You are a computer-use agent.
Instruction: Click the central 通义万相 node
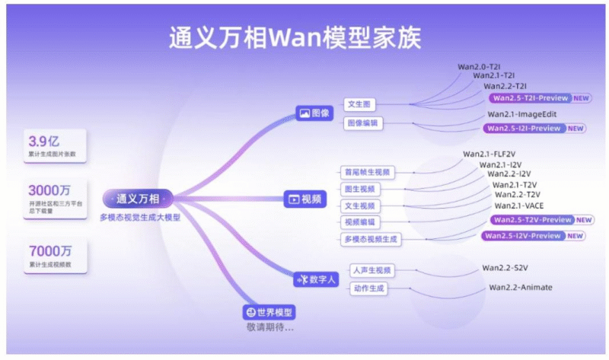[x=138, y=199]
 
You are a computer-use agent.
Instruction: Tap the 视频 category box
[x=304, y=199]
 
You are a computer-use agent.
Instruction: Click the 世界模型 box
[x=269, y=312]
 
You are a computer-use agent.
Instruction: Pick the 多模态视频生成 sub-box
[x=371, y=239]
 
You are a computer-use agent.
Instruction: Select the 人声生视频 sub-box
[x=371, y=270]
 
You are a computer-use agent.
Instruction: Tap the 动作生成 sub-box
[x=368, y=288]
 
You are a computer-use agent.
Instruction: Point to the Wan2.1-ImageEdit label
[x=522, y=114]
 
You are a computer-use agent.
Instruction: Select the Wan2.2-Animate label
[x=521, y=287]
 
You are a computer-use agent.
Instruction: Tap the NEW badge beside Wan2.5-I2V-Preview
[x=576, y=236]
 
